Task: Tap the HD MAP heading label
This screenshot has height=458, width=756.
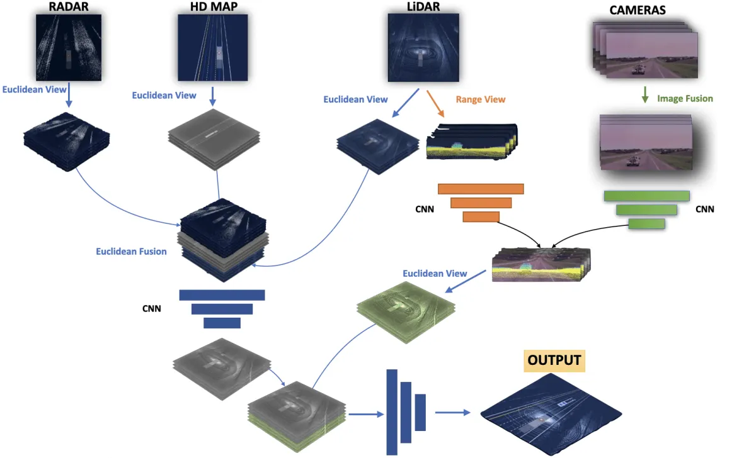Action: [x=214, y=7]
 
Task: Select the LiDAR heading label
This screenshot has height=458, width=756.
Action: [x=421, y=7]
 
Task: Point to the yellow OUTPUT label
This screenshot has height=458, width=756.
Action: [x=555, y=361]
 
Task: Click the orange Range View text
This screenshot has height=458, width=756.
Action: [x=481, y=99]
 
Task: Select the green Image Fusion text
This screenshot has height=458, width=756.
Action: [x=685, y=98]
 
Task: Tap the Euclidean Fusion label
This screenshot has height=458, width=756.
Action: [x=131, y=252]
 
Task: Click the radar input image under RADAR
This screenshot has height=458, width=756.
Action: [x=67, y=48]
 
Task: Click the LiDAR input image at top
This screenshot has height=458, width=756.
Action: [x=421, y=48]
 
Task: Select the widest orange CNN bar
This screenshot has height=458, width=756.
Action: [x=481, y=189]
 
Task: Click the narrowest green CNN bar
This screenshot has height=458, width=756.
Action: [x=646, y=223]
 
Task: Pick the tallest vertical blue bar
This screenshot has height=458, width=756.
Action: [x=392, y=412]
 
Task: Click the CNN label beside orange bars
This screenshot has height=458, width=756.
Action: [x=424, y=208]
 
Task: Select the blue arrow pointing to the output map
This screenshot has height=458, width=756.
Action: [x=452, y=413]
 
